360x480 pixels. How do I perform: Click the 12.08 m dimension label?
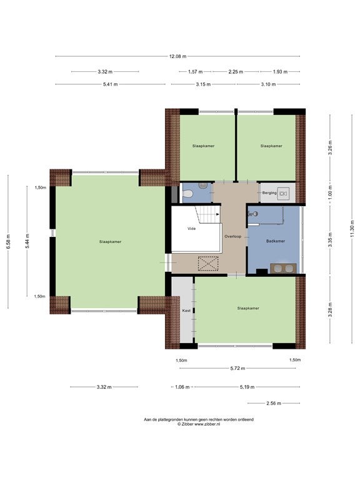(177, 56)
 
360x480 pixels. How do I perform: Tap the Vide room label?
(192, 229)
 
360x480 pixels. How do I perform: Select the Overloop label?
(233, 236)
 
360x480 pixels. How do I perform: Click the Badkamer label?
(276, 241)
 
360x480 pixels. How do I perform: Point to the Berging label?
(269, 193)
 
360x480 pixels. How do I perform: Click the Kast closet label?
(186, 311)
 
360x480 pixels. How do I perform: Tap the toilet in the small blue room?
(187, 194)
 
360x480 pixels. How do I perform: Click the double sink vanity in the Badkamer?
(283, 268)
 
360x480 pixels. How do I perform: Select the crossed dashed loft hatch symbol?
(208, 264)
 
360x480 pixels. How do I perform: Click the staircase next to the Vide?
(208, 214)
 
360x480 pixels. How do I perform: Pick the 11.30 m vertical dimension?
(352, 229)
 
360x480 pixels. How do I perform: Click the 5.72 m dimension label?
(238, 368)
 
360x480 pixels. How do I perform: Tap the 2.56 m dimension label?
(273, 403)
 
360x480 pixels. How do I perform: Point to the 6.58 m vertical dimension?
(8, 242)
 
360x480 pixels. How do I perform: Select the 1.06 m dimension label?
(182, 387)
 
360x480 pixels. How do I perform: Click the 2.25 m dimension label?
(236, 72)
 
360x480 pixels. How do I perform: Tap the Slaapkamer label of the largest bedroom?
(110, 242)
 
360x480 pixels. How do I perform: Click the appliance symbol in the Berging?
(283, 194)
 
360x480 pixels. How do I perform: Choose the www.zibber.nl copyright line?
(199, 424)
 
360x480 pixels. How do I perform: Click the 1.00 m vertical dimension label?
(330, 194)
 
